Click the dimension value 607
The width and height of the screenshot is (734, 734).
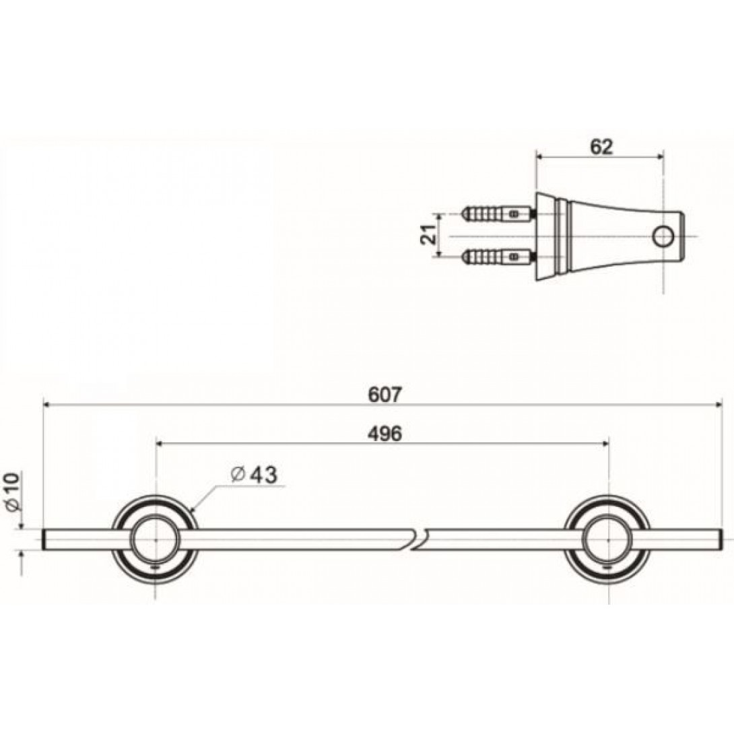[385, 394]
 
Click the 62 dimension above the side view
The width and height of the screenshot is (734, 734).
[601, 147]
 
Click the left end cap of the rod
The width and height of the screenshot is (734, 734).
[45, 540]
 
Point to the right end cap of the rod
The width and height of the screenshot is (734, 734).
[720, 540]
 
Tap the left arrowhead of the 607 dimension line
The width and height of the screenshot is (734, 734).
[48, 405]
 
